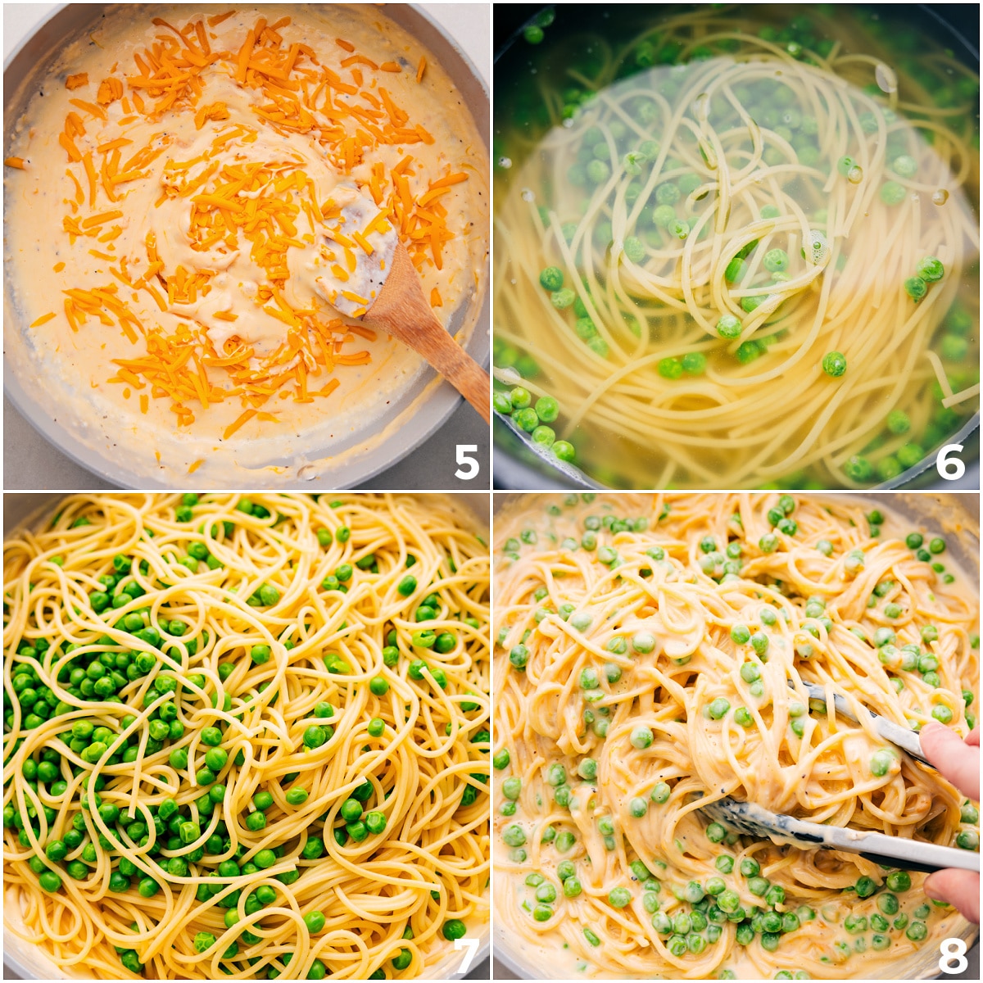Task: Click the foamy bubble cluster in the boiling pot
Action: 815,246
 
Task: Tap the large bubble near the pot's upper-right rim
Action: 886,78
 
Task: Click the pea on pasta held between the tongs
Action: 881,762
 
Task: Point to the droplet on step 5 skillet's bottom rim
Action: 307,473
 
